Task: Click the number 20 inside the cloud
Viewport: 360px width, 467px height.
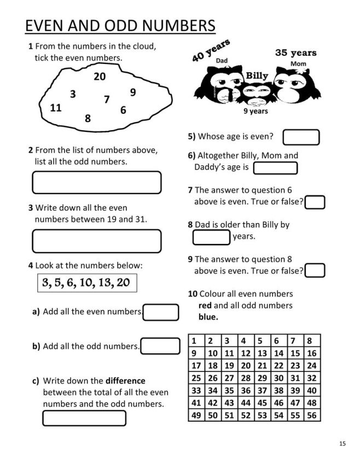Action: coord(100,77)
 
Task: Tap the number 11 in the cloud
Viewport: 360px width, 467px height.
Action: coord(55,108)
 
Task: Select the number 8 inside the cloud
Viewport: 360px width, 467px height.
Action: coord(88,118)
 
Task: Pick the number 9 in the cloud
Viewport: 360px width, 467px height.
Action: coord(133,92)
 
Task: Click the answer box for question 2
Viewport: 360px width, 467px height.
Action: coord(97,183)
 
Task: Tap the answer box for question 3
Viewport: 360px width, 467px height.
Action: coord(97,241)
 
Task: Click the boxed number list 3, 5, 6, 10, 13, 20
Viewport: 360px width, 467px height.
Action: coord(86,283)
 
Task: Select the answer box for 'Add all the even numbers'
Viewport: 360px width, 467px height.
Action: coord(161,312)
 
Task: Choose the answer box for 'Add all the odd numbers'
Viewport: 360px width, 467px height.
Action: coord(160,346)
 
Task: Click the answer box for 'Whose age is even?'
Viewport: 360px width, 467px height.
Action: coord(301,137)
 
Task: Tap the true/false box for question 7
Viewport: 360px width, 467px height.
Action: coord(316,202)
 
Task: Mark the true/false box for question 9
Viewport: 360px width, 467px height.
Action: coord(316,271)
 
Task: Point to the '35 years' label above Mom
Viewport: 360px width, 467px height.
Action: coord(295,53)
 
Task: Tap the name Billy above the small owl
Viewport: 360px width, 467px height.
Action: coord(257,75)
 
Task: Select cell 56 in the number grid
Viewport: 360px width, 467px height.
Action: coord(312,415)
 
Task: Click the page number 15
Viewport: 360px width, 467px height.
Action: coord(342,443)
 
